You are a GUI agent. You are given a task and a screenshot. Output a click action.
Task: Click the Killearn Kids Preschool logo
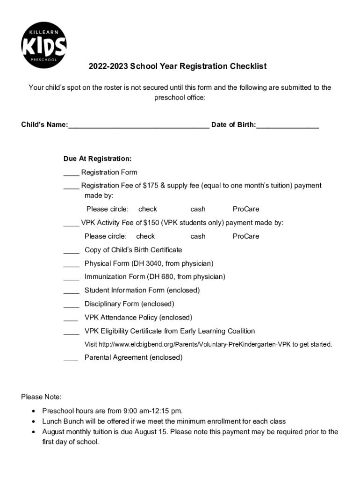tap(44, 45)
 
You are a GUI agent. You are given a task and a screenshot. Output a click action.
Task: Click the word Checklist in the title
tap(248, 66)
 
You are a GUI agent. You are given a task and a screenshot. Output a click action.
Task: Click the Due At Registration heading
tap(97, 159)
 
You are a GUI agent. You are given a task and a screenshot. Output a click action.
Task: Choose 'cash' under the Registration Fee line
tap(198, 209)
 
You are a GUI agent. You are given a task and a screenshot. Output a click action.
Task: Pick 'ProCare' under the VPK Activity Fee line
tap(246, 236)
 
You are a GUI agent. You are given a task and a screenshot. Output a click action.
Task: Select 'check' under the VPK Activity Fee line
tap(145, 236)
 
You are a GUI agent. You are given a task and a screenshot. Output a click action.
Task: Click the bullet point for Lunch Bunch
tap(33, 422)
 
